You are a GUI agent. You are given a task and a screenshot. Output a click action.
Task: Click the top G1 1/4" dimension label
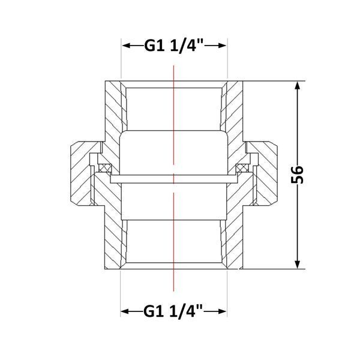pyautogui.click(x=173, y=46)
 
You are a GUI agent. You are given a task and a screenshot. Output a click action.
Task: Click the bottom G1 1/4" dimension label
pyautogui.click(x=173, y=311)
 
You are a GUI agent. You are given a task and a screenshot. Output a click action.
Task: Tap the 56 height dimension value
pyautogui.click(x=297, y=175)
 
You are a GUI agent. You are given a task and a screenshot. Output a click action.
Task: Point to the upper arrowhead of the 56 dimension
pyautogui.click(x=298, y=86)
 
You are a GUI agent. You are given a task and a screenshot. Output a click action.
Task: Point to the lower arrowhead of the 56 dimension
pyautogui.click(x=298, y=264)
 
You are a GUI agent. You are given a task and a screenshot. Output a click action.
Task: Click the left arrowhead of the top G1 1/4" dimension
pyautogui.click(x=127, y=46)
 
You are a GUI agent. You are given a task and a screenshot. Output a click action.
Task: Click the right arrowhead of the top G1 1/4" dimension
pyautogui.click(x=222, y=46)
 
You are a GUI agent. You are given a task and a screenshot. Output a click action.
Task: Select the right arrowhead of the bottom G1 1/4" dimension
pyautogui.click(x=222, y=311)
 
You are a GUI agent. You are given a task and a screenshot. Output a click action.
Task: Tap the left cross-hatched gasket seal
pyautogui.click(x=105, y=168)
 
